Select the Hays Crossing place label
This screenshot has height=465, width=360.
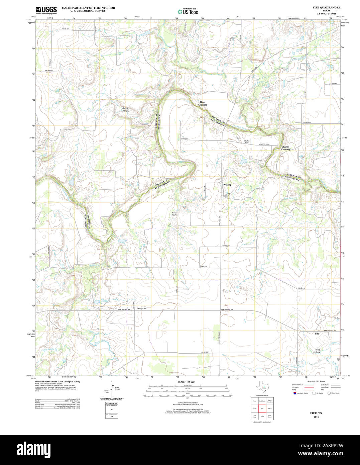pos(203,103)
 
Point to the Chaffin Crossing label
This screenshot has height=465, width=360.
pos(285,148)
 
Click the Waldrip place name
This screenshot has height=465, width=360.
pos(227,185)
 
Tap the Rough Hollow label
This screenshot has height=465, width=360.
pos(125,109)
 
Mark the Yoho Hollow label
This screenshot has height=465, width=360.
pos(317,351)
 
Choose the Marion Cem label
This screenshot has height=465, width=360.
pos(142,308)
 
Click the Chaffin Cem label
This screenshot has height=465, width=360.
pos(247,142)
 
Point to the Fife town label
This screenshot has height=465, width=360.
pos(317,334)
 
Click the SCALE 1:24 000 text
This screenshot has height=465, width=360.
pos(186,382)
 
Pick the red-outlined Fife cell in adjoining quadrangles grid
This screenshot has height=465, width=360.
pos(262,408)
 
